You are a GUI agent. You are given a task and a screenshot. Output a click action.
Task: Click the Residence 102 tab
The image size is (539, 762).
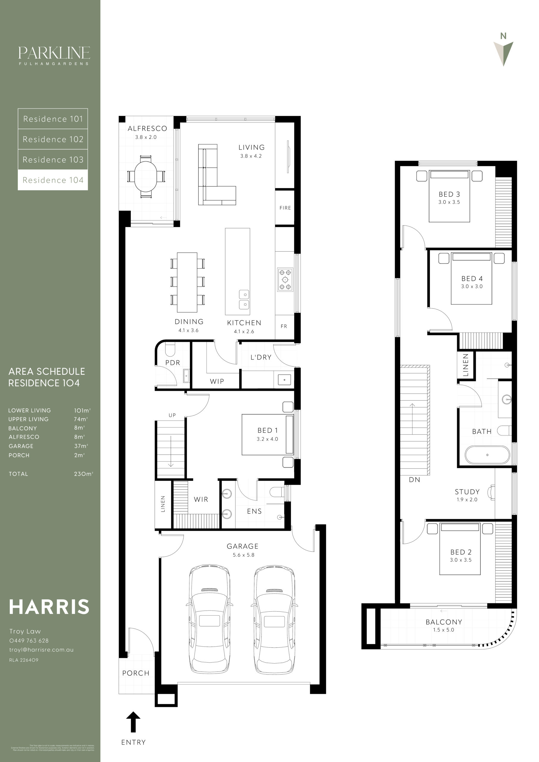[x=53, y=139]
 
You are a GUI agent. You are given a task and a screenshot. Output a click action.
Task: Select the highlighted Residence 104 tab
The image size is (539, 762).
[x=53, y=180]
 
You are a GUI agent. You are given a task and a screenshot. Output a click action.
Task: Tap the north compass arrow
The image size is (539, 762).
[x=504, y=53]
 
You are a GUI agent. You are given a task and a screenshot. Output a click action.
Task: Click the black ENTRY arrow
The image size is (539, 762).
[x=133, y=722]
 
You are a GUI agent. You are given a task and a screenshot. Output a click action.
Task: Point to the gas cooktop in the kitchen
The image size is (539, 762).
[x=285, y=279]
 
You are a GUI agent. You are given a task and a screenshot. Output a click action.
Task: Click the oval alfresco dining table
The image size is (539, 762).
[x=146, y=176]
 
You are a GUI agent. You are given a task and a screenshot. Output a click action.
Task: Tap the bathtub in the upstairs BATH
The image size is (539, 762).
[x=487, y=455]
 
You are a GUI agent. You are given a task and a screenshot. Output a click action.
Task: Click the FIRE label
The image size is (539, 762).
[x=285, y=208]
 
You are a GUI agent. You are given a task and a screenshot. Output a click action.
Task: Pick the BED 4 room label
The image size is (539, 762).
[x=472, y=278]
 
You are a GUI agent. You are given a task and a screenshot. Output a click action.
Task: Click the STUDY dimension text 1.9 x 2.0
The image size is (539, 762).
[x=467, y=499]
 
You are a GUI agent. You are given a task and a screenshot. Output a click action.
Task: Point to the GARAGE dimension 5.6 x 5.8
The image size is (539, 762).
[x=243, y=555]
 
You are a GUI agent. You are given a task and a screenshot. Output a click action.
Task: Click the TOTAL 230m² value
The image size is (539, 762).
[x=83, y=474]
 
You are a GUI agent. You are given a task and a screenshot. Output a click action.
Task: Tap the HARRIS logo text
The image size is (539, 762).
[x=49, y=607]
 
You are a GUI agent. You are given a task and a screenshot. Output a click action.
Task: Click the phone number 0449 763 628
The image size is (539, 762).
[x=29, y=641]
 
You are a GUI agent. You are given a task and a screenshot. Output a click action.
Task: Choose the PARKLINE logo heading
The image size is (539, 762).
[x=54, y=53]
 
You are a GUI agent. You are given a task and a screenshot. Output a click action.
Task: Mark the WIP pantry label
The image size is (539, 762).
[x=216, y=381]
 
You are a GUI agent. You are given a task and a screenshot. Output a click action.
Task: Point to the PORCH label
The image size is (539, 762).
[x=135, y=673]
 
